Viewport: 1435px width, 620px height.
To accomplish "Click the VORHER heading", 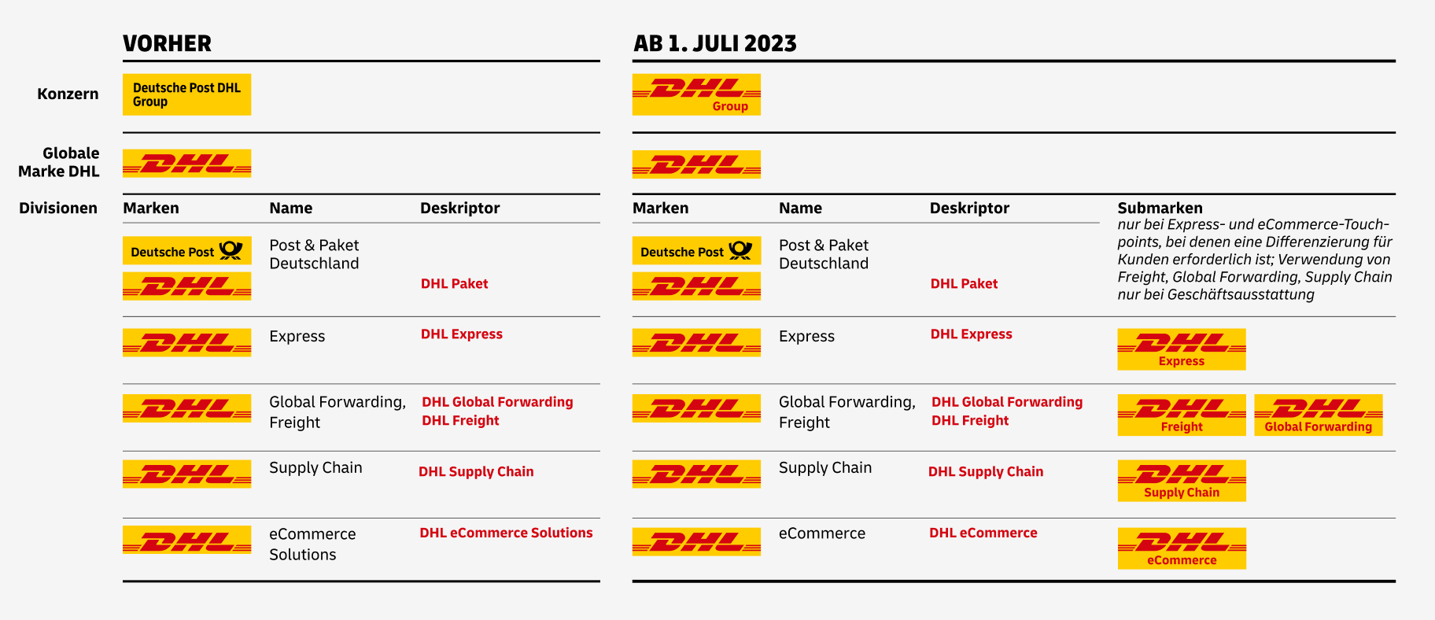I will click(x=167, y=43).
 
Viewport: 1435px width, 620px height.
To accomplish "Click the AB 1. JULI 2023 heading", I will click(x=714, y=43).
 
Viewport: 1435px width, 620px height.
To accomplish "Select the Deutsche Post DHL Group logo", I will click(x=186, y=94).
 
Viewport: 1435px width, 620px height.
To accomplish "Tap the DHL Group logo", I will click(x=696, y=94).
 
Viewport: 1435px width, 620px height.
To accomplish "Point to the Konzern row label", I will click(x=68, y=94).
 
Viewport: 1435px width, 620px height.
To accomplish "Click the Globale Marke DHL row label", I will click(x=60, y=162).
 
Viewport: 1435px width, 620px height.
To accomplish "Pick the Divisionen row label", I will click(x=58, y=209).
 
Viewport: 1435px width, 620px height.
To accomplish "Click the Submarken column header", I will click(x=1160, y=209).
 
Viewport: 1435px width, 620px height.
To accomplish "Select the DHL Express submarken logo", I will click(x=1181, y=349).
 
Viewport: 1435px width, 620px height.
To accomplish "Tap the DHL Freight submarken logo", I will click(x=1181, y=415).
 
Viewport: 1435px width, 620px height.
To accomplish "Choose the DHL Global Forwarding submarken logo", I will click(x=1318, y=415).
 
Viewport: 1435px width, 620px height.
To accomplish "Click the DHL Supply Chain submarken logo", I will click(x=1181, y=481).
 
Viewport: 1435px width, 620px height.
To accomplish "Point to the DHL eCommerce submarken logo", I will click(x=1181, y=548).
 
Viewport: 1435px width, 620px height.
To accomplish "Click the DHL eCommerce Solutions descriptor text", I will click(x=506, y=533).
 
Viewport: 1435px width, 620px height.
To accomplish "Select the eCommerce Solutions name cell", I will click(x=312, y=544).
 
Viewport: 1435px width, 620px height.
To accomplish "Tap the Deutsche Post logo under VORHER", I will click(x=186, y=251).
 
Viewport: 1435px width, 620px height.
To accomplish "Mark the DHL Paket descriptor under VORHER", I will click(x=454, y=284).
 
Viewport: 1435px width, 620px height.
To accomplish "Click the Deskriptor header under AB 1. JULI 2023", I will click(x=968, y=209).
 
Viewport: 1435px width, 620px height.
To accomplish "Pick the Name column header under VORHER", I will click(x=290, y=209).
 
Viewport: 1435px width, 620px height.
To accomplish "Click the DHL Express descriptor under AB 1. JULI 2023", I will click(x=971, y=334).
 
